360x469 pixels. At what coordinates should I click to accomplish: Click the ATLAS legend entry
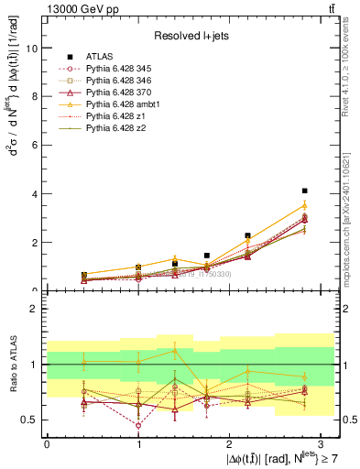pyautogui.click(x=103, y=57)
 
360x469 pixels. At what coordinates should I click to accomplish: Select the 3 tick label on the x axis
pyautogui.click(x=321, y=443)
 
